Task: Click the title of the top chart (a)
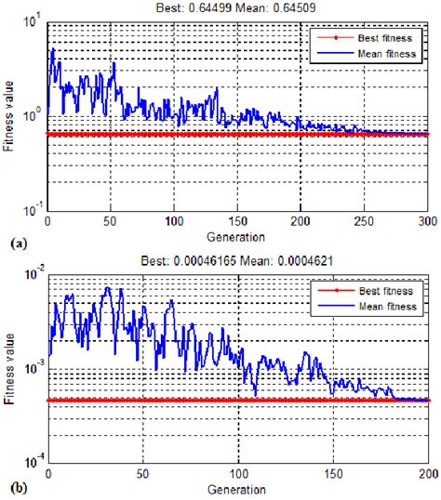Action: pos(237,7)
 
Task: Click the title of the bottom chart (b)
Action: pos(237,261)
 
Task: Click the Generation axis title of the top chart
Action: pos(237,236)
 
